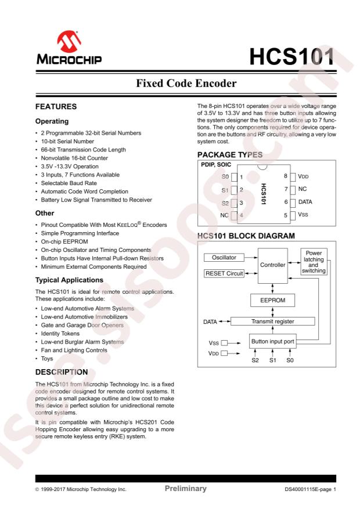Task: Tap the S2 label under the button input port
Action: (x=254, y=360)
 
